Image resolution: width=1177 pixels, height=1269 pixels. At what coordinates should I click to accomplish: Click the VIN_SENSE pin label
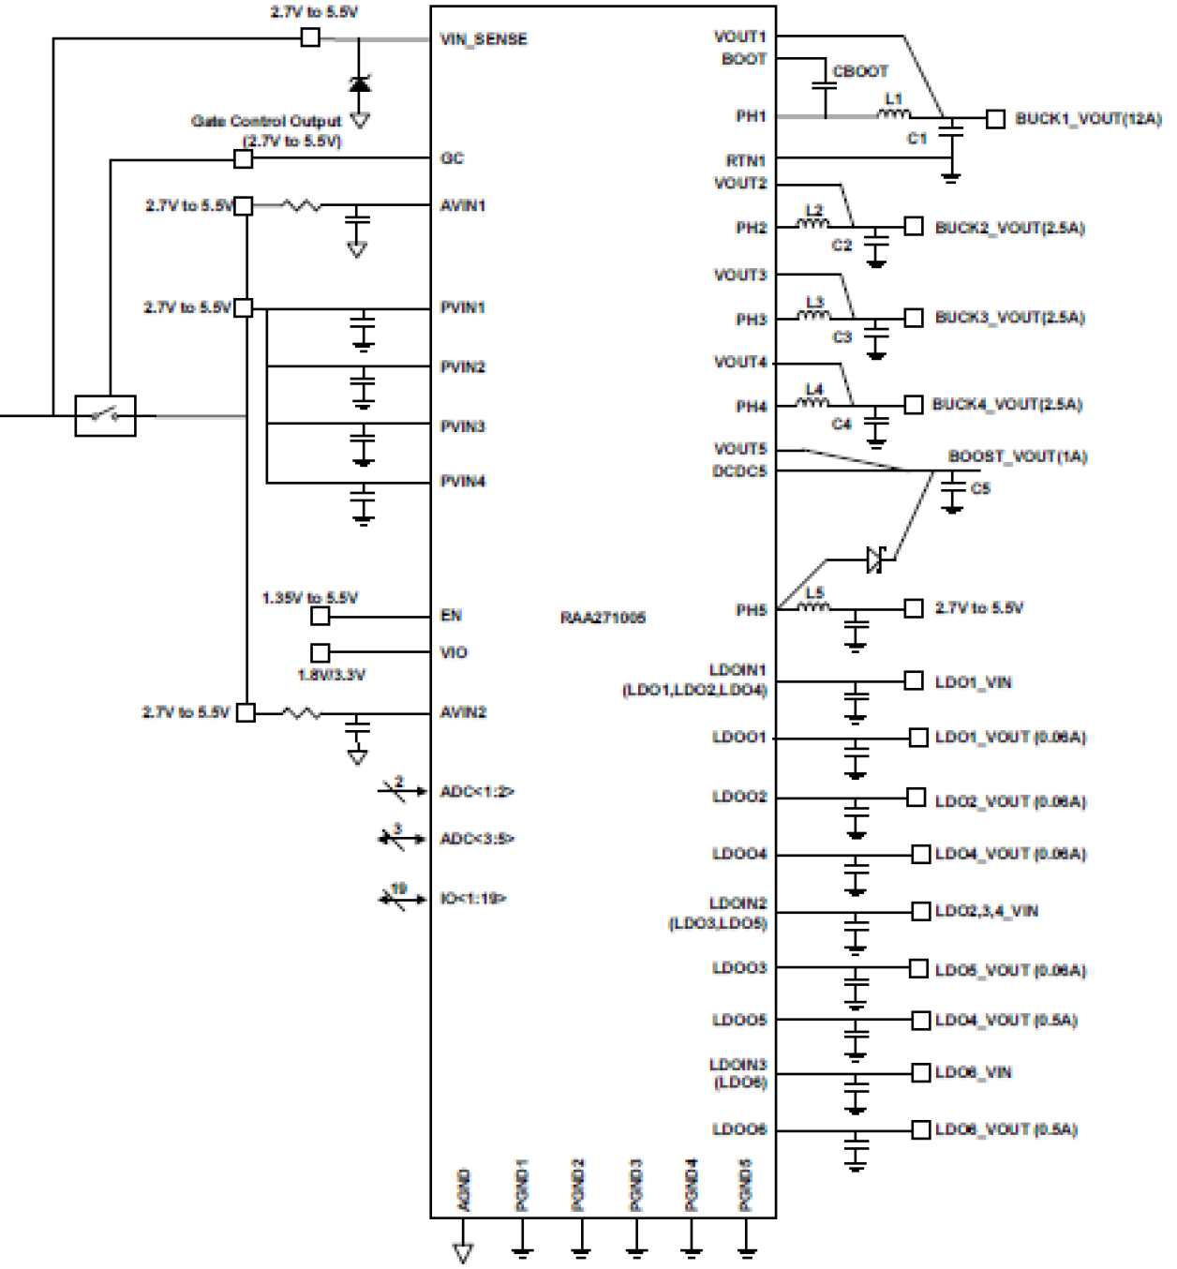[484, 39]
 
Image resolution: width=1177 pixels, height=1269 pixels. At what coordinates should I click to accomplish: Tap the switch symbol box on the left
[105, 415]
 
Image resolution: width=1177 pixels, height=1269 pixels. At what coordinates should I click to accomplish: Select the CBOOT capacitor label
[860, 71]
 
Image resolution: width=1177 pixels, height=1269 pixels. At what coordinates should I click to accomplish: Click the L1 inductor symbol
[893, 114]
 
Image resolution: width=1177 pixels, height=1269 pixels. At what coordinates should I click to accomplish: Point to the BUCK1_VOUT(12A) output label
[1088, 119]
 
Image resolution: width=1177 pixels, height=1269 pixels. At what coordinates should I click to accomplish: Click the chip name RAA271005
[603, 618]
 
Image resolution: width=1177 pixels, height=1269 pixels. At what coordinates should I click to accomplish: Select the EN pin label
[451, 616]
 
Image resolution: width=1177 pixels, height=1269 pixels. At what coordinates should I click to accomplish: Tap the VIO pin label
[454, 652]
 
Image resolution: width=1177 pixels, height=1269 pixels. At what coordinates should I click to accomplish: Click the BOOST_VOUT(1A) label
[1017, 456]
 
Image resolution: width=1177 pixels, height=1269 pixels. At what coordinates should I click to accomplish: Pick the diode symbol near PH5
[875, 560]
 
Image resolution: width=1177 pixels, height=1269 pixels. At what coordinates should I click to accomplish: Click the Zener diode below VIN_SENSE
[359, 83]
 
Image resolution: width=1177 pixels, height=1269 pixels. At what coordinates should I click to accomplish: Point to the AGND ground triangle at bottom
[462, 1252]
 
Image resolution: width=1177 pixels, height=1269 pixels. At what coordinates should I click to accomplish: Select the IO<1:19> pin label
[473, 899]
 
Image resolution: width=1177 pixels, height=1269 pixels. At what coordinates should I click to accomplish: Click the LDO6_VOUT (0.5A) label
[1006, 1129]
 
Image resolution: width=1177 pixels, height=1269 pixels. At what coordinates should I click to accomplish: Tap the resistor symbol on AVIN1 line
[302, 205]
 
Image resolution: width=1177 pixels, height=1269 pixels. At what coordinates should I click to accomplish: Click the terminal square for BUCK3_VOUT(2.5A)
[914, 318]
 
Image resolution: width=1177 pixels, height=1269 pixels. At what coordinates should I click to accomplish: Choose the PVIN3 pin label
[463, 426]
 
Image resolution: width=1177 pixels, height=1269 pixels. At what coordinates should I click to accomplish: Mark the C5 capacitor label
[980, 488]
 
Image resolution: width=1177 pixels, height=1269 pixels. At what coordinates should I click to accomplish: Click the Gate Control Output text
[266, 121]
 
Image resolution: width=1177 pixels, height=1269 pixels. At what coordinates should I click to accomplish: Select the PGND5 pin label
[746, 1185]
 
